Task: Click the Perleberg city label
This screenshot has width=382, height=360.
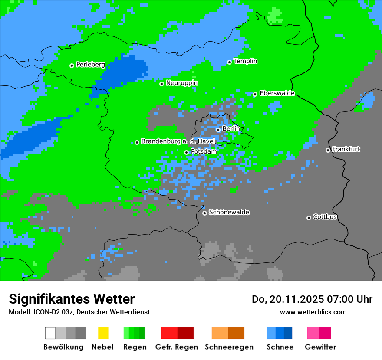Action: [x=90, y=65]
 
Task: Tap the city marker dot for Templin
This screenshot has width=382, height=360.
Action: [x=229, y=62]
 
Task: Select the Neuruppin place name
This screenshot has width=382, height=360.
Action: [x=181, y=83]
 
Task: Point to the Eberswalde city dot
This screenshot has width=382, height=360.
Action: [x=255, y=94]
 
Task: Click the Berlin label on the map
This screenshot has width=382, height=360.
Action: [x=231, y=129]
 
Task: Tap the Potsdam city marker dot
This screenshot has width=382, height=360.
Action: [x=186, y=152]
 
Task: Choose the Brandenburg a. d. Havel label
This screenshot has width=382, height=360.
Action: [x=178, y=141]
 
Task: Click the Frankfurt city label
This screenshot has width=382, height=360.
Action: [x=346, y=149]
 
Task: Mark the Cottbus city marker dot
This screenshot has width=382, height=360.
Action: [x=309, y=218]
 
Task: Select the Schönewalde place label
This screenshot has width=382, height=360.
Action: [x=229, y=212]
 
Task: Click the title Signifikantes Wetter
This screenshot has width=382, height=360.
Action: [x=72, y=299]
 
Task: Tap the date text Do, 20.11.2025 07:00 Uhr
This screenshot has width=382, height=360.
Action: [x=312, y=299]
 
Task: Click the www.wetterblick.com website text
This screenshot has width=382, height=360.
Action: [x=313, y=312]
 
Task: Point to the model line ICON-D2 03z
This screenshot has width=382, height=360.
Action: [x=79, y=312]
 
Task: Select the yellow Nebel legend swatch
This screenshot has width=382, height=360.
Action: [x=103, y=333]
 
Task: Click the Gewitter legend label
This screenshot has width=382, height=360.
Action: [x=320, y=347]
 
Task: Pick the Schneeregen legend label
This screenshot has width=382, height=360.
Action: [x=229, y=347]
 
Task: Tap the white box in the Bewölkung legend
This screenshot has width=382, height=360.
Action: [x=50, y=333]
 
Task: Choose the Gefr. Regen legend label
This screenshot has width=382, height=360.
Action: [x=176, y=347]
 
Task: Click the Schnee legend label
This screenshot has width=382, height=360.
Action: [x=280, y=347]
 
